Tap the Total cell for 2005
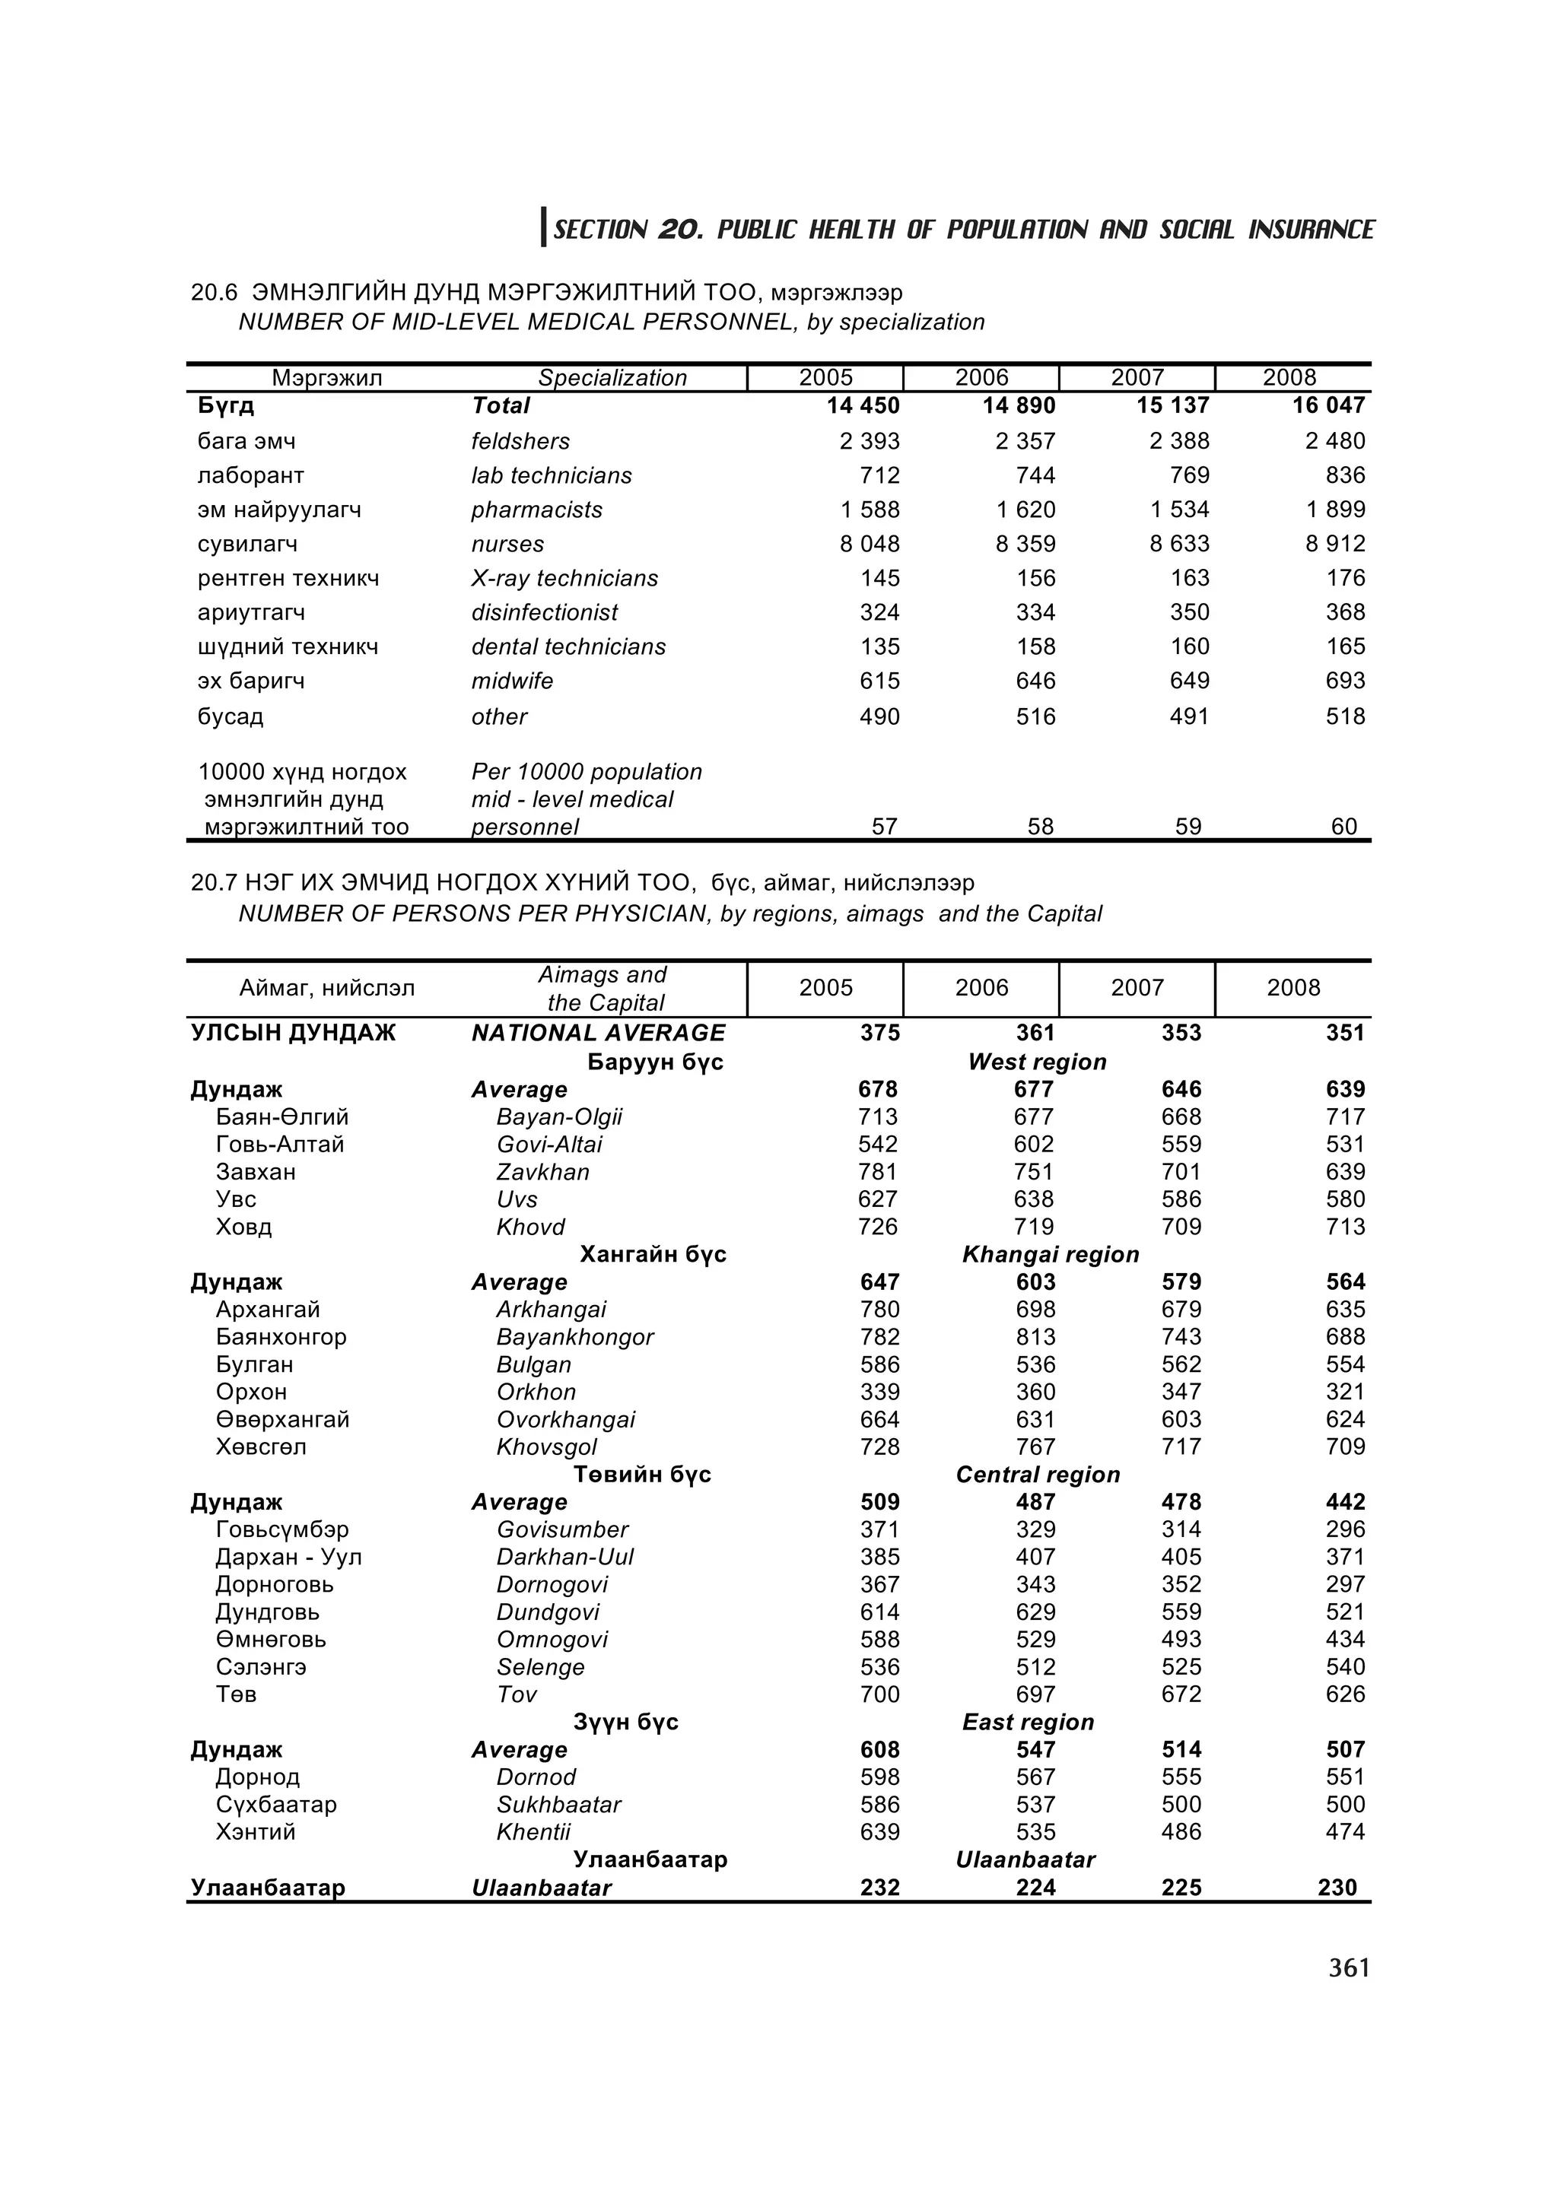coord(863,406)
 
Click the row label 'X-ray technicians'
coord(564,579)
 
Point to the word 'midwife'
coord(512,681)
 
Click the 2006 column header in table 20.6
coord(981,378)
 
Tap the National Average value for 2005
coord(879,1033)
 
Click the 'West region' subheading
coord(1037,1062)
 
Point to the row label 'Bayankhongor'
coord(574,1337)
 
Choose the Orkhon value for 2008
coord(1345,1392)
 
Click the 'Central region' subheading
coord(1038,1475)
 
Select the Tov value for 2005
coord(879,1694)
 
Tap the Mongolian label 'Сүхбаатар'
coord(276,1805)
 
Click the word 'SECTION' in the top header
coord(600,230)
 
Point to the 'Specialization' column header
coord(612,378)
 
